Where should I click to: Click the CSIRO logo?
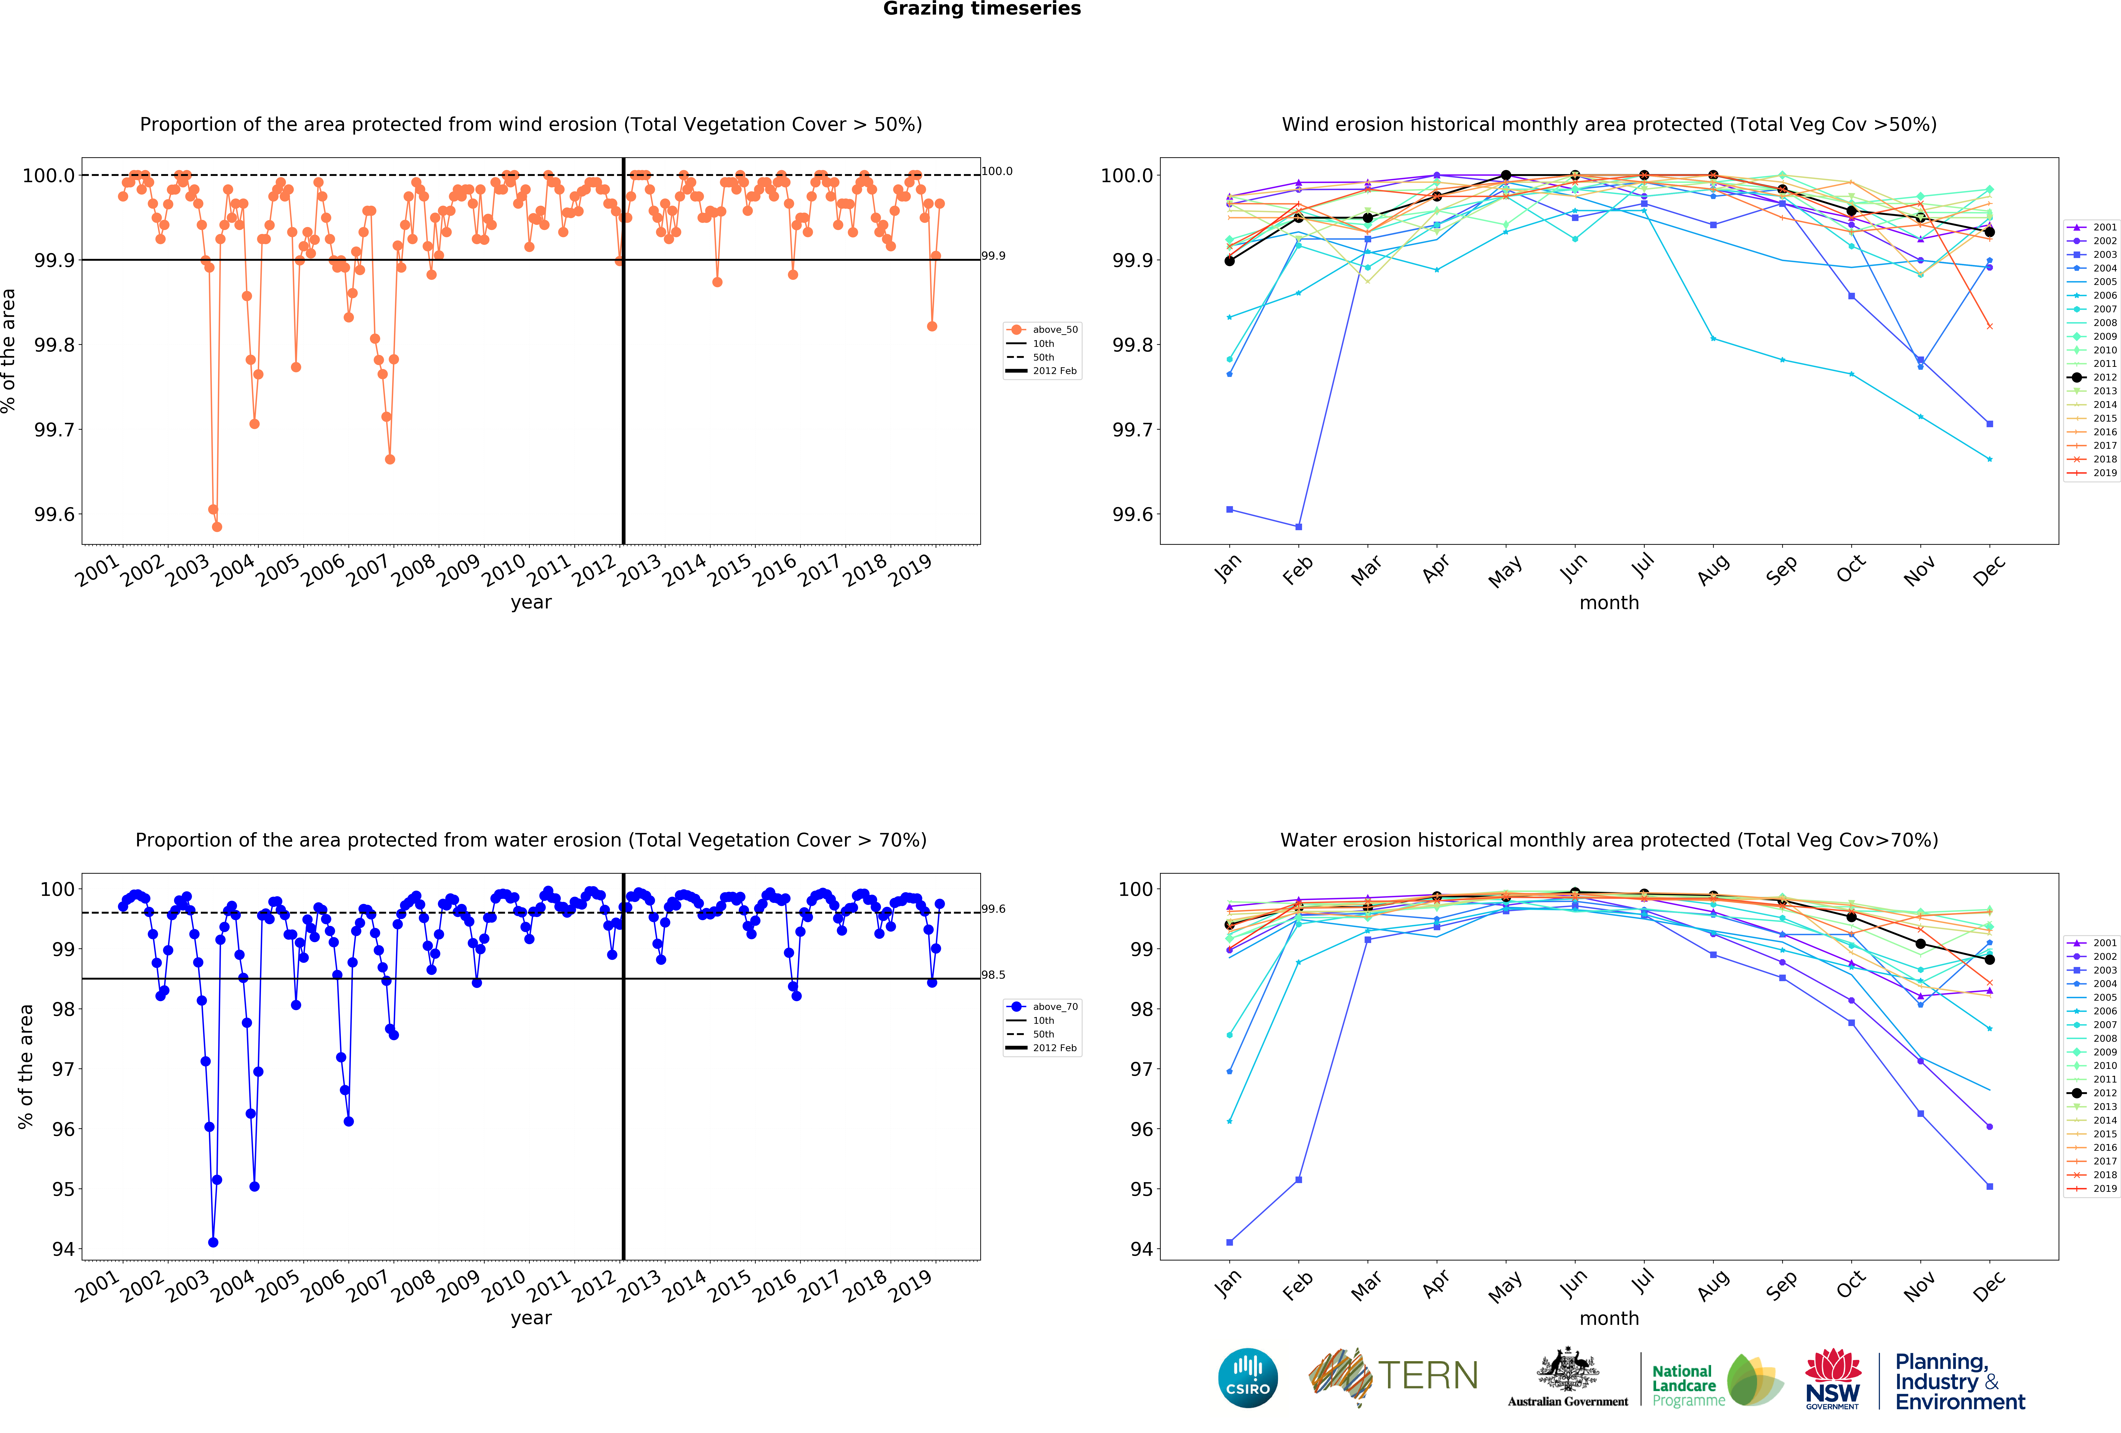click(1248, 1377)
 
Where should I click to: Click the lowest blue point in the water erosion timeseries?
click(213, 1242)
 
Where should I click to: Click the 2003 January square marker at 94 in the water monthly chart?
click(1229, 1242)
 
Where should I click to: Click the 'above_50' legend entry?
click(1054, 330)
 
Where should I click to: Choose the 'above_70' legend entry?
click(1054, 1007)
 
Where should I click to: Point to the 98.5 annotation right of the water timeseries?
click(993, 975)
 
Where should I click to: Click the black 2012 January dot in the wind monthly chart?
click(1229, 261)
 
